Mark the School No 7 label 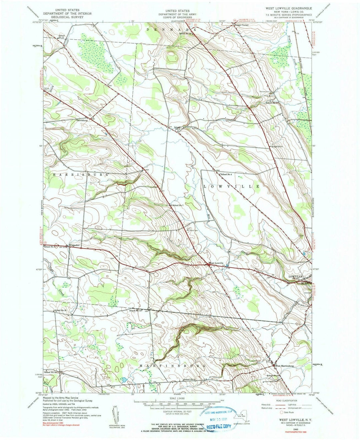point(178,205)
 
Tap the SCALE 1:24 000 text point(179,398)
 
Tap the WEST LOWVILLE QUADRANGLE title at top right point(288,7)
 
